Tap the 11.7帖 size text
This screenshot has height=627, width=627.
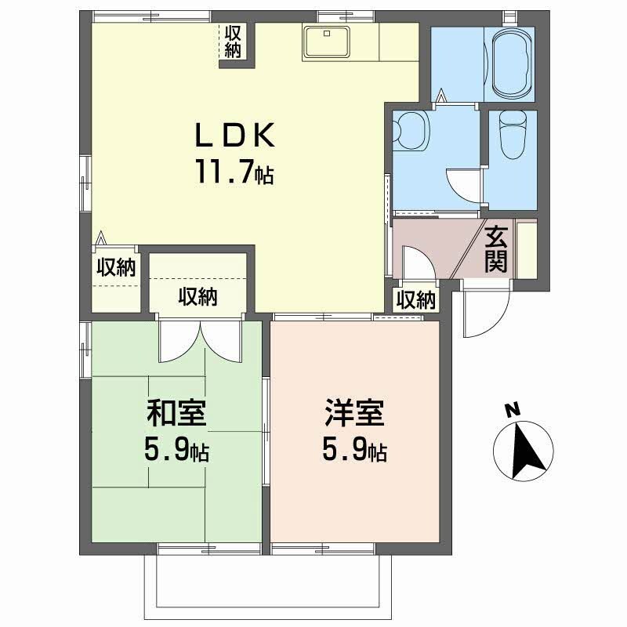234,172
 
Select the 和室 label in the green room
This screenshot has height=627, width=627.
176,413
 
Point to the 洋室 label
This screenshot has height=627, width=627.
355,413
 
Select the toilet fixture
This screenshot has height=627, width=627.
513,134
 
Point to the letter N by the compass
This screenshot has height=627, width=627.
512,408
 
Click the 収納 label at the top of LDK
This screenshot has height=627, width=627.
233,41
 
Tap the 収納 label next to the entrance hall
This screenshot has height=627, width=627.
415,299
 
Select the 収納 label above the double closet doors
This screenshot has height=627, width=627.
198,297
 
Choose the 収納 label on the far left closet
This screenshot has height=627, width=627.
116,268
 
